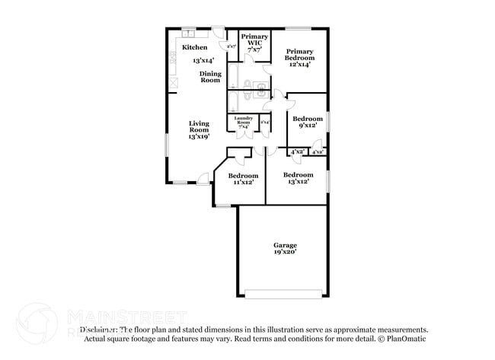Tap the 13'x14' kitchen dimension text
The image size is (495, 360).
tap(203, 59)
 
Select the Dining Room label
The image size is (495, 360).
tap(211, 77)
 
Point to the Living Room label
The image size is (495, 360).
tap(200, 126)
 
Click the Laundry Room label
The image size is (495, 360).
tap(244, 119)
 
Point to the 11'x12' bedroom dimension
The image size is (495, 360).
tap(243, 183)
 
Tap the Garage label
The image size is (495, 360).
tap(286, 244)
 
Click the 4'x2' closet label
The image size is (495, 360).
tap(296, 152)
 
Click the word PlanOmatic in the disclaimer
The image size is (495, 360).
tap(409, 339)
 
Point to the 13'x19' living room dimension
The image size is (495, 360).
tap(200, 136)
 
